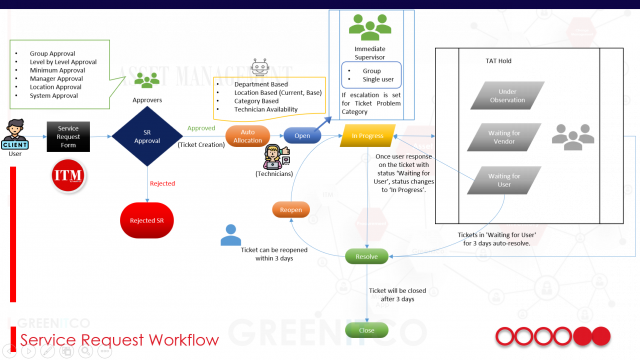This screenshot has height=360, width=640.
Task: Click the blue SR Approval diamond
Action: (x=147, y=136)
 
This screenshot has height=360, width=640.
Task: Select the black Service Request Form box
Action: (x=68, y=136)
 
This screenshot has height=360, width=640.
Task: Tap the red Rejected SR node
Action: (x=147, y=221)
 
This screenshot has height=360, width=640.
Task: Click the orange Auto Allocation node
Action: (x=248, y=136)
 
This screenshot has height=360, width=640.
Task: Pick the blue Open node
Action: (x=302, y=136)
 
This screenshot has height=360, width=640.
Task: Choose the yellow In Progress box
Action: (x=367, y=136)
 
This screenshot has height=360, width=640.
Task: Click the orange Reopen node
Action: (x=291, y=209)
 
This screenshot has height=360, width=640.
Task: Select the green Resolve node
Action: (x=367, y=256)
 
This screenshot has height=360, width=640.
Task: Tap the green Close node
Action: (x=367, y=330)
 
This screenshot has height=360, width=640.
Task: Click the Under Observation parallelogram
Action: (x=507, y=96)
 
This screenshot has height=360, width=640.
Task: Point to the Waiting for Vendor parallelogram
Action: (x=504, y=137)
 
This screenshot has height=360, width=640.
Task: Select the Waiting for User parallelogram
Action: (x=504, y=180)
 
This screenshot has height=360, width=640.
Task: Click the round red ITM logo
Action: (x=68, y=175)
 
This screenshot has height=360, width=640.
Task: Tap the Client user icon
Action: (x=15, y=135)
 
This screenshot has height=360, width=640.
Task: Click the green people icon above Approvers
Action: (x=147, y=80)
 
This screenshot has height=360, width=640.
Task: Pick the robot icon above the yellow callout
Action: (x=260, y=67)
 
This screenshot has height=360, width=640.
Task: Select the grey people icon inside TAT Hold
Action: (x=573, y=137)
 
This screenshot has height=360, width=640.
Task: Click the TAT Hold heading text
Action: (x=498, y=61)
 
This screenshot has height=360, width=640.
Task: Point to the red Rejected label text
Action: (x=162, y=183)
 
